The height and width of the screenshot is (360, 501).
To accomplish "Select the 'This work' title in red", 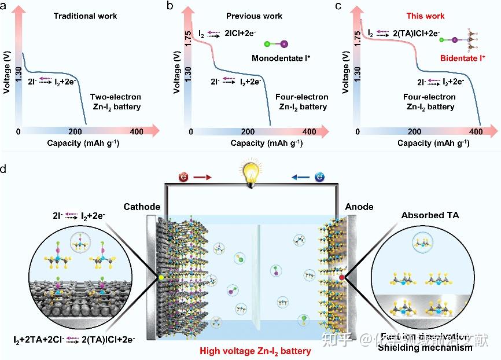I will (x=425, y=16).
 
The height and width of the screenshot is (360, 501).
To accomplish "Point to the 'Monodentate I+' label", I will (x=279, y=58).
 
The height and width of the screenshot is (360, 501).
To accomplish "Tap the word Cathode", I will (x=142, y=207).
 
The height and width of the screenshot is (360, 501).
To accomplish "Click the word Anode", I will (x=359, y=207).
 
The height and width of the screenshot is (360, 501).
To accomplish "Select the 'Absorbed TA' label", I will (x=430, y=215).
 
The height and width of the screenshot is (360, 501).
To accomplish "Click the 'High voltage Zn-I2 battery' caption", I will (x=255, y=351).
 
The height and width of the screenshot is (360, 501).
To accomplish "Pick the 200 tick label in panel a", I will (x=76, y=131).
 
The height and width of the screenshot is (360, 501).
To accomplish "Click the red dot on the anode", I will (x=342, y=277).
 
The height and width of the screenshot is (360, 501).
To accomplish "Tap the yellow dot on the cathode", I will (x=160, y=278).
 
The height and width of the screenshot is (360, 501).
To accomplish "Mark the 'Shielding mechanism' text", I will (x=425, y=348).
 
